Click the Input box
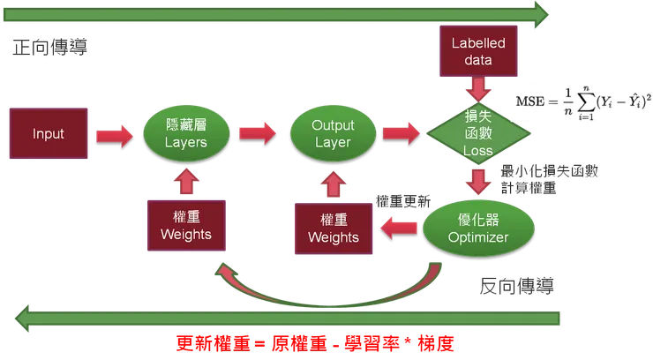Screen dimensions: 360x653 coord(48,134)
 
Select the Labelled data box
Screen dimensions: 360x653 coord(477,51)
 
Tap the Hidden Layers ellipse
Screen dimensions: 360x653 coord(186,134)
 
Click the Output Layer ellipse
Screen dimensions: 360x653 coord(333,134)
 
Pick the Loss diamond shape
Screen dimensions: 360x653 coord(478,134)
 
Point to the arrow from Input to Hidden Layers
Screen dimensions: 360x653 coord(116,134)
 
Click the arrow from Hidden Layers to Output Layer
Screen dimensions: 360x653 coord(259,134)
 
